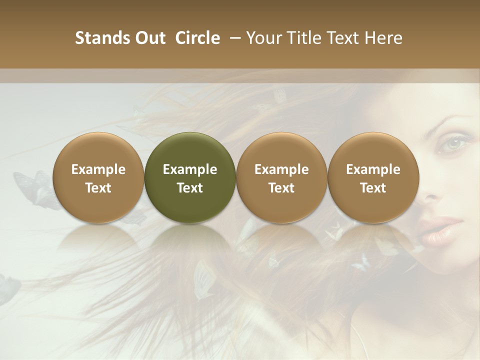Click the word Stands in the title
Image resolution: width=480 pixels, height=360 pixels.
98,38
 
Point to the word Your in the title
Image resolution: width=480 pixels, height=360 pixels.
263,38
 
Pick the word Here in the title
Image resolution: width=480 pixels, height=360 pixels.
384,38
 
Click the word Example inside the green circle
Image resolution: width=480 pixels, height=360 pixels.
190,169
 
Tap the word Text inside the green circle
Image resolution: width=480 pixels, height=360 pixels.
190,188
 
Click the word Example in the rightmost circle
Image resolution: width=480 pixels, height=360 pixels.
373,169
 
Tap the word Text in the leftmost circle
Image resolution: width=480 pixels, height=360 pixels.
98,188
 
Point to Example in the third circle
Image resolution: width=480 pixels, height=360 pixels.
281,169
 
